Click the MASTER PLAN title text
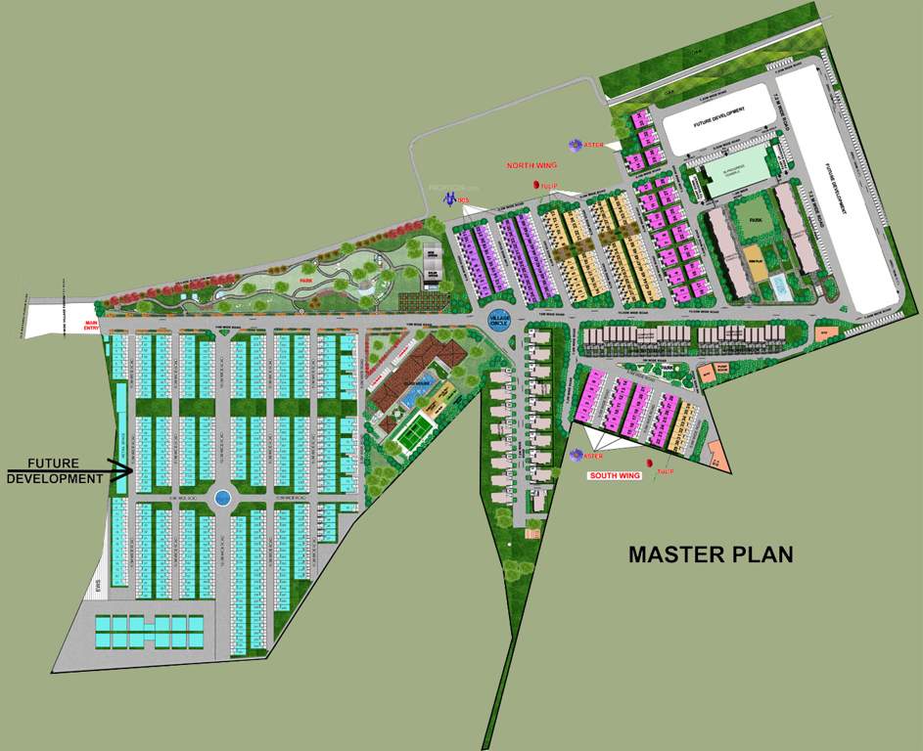(x=711, y=554)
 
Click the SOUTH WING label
(x=614, y=475)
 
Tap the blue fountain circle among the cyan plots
(x=222, y=498)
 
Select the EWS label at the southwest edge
(x=98, y=589)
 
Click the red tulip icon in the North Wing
(x=536, y=184)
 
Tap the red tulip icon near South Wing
(x=648, y=463)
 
